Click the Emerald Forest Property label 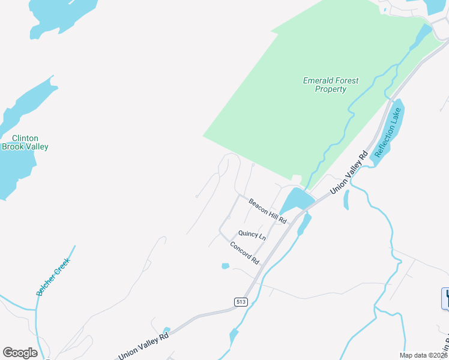coord(331,85)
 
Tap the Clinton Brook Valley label coord(25,142)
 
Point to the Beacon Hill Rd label coord(268,211)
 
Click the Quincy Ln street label coord(252,234)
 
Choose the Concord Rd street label coord(244,253)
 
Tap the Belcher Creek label coord(53,277)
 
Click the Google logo coord(20,353)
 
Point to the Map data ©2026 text coord(423,355)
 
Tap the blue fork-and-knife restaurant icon coord(445,298)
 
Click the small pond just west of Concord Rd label coord(225,266)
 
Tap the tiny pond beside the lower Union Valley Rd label coord(167,329)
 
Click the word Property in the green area coord(331,89)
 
